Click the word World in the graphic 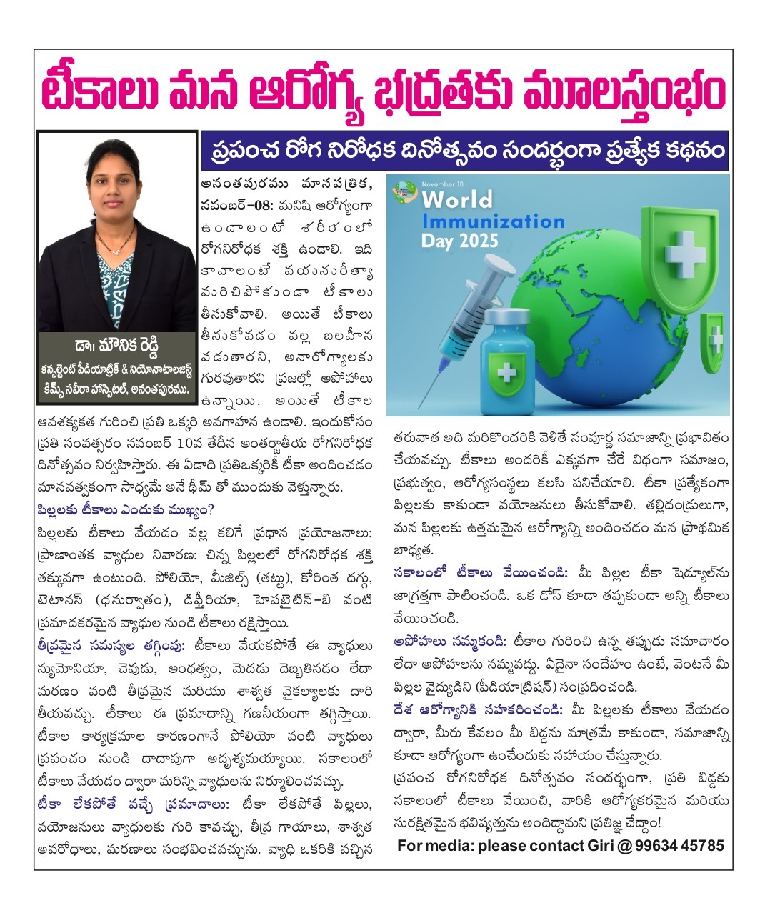[457, 199]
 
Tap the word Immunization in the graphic [493, 220]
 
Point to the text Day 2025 [459, 240]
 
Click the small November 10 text [443, 184]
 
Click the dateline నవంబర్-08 [236, 205]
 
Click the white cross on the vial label [506, 372]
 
